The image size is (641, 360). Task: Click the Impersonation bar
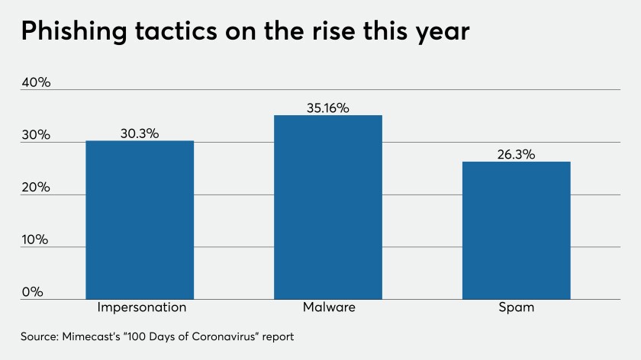click(140, 220)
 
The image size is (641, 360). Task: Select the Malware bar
click(328, 207)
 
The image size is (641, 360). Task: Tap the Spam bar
click(517, 230)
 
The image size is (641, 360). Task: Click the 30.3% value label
click(140, 133)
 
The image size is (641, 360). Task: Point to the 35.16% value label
click(328, 108)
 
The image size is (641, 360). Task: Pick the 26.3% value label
click(516, 154)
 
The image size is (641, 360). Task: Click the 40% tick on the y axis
click(36, 82)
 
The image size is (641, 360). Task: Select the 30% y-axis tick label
click(36, 134)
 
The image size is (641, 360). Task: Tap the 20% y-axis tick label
click(36, 187)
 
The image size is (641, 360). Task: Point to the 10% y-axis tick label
click(35, 239)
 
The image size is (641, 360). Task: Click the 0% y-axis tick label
click(32, 292)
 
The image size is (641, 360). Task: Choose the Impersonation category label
click(141, 307)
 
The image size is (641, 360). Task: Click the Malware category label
click(329, 307)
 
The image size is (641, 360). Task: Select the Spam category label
click(517, 307)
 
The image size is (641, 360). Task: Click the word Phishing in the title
click(74, 31)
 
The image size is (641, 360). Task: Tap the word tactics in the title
click(176, 31)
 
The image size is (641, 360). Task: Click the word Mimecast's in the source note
click(91, 336)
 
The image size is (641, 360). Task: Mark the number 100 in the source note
click(136, 336)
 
